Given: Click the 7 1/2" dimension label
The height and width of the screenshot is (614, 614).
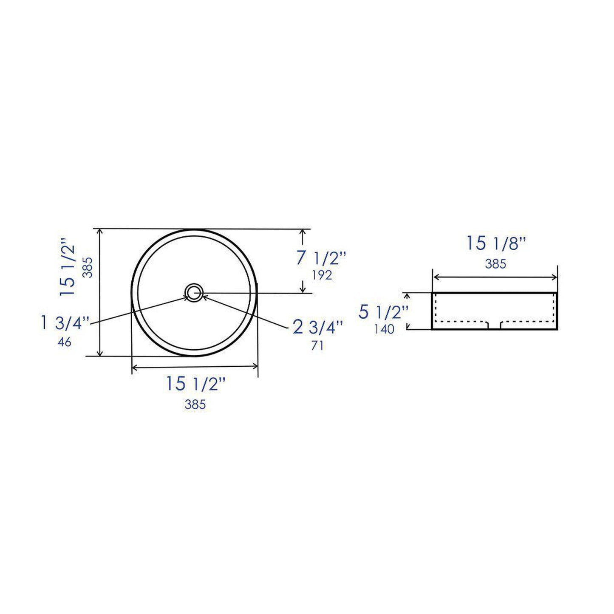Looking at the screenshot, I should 321,258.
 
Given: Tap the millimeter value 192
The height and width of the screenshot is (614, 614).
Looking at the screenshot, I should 321,275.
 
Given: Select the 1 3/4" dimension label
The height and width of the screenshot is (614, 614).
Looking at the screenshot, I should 65,323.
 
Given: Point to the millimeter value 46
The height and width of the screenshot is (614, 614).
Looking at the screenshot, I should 64,342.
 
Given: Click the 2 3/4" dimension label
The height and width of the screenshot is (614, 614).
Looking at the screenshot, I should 317,328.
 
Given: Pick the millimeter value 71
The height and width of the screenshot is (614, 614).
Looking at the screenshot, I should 317,346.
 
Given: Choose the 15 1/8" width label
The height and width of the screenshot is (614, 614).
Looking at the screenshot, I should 496,243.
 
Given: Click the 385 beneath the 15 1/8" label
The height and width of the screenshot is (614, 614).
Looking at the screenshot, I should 496,264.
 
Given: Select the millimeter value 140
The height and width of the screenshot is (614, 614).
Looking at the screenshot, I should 384,329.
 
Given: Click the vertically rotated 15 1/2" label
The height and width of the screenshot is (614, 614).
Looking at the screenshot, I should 68,267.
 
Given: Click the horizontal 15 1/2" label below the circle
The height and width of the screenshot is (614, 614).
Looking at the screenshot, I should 195,384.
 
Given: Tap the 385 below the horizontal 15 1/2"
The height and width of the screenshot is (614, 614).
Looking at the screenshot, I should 195,405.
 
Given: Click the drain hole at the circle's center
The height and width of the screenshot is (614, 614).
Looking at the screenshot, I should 195,292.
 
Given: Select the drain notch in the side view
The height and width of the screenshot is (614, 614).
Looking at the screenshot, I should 495,325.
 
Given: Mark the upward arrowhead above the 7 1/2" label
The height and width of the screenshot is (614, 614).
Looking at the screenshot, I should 303,232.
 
